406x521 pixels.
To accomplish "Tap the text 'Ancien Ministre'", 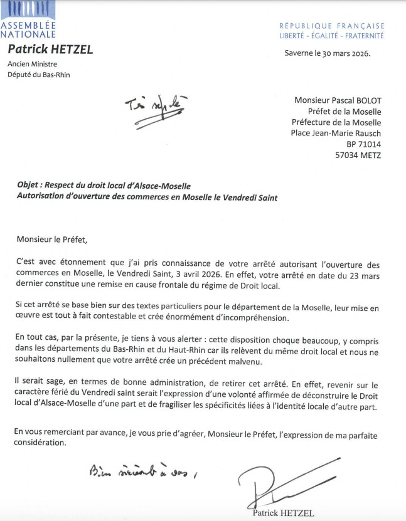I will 33,64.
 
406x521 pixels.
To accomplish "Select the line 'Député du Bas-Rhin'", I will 39,75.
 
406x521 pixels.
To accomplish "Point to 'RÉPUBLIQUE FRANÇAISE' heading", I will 332,26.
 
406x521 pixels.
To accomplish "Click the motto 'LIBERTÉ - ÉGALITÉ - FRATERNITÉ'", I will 332,36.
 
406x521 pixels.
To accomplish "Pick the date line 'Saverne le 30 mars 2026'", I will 328,53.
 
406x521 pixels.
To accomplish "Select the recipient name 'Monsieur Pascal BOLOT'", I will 338,100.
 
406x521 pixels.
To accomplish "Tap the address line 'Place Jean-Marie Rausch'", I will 336,133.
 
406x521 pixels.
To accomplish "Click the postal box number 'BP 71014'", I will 363,144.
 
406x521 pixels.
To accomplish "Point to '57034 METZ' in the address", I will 359,155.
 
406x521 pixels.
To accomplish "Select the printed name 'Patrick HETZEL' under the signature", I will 283,513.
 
